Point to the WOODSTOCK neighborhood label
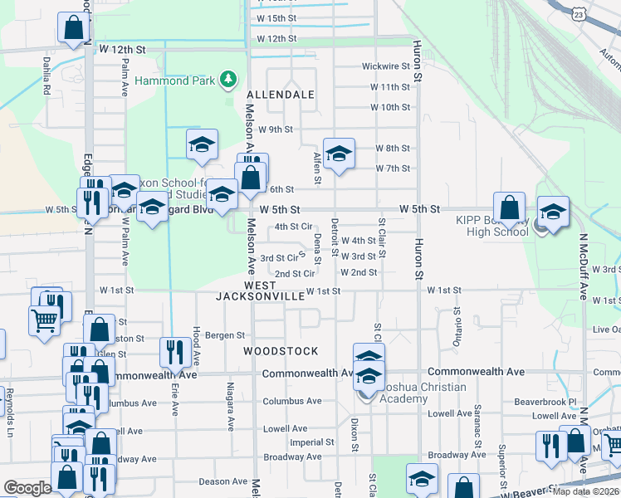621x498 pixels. pos(281,351)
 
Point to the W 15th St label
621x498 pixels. pos(276,17)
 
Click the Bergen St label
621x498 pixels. pos(226,335)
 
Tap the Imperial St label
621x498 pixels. pos(311,442)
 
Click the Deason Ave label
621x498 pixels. pos(223,481)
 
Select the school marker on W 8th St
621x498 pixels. pos(339,154)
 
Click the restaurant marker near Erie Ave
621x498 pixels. pos(174,352)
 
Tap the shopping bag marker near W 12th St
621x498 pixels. pos(73,27)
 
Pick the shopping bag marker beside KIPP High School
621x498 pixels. pos(509,207)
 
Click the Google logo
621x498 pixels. pos(27,488)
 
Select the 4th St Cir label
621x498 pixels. pos(293,226)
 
